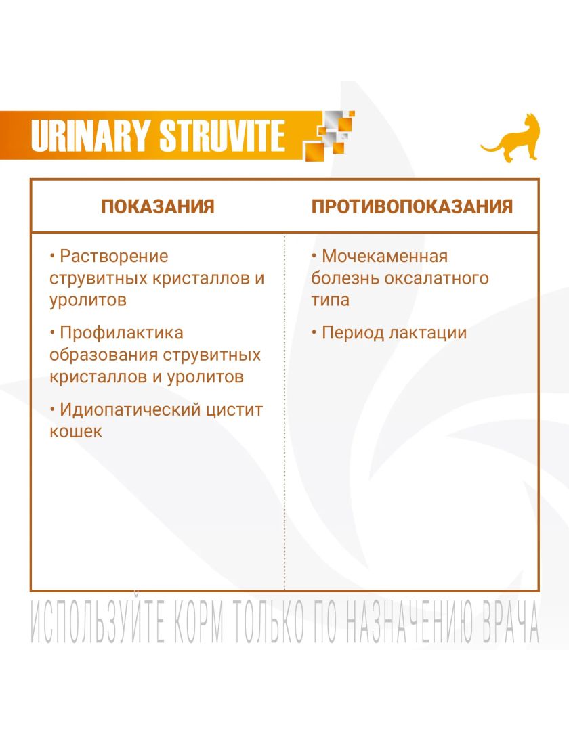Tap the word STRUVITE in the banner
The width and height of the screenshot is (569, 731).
[222, 135]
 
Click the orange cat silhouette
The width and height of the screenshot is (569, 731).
[511, 139]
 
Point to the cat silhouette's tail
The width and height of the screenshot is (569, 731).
[491, 148]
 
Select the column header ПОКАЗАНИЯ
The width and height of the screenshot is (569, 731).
[158, 206]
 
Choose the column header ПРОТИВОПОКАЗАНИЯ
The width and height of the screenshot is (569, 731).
[412, 206]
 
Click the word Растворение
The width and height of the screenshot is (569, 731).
[114, 257]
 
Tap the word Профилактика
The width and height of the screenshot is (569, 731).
[121, 333]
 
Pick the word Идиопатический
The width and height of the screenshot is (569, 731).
[129, 409]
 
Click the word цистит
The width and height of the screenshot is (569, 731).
[234, 409]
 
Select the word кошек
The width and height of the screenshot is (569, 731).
[76, 431]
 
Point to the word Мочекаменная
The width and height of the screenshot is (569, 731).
[385, 256]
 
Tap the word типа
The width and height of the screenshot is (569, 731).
[330, 300]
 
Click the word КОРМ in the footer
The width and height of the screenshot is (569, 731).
[199, 622]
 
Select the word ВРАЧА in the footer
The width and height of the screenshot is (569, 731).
[509, 622]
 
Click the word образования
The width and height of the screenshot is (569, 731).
[102, 355]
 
